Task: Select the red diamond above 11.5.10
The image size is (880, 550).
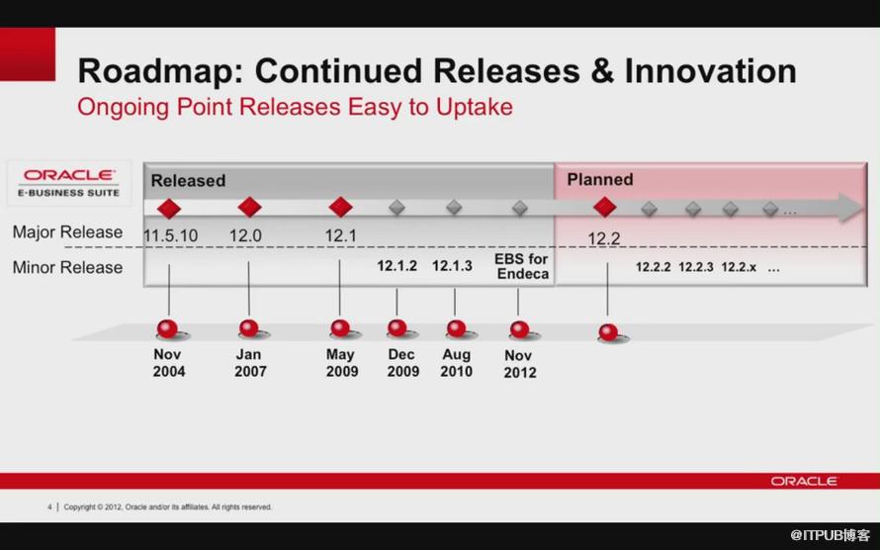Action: (169, 208)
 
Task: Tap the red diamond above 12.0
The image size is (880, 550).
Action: (249, 208)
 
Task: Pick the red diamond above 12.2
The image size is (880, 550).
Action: (604, 208)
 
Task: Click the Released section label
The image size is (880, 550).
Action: (188, 181)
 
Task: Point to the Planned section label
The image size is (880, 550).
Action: (599, 180)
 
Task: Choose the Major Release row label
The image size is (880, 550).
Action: (67, 232)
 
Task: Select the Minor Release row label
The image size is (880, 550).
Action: (67, 267)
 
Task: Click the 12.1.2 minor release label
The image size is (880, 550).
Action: (396, 266)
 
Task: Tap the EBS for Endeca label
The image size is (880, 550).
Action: (521, 266)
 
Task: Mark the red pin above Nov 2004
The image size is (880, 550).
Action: (168, 328)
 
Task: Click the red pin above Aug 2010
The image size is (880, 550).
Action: (456, 328)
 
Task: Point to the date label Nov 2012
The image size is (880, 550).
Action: (519, 364)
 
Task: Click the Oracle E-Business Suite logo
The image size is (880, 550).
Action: (69, 182)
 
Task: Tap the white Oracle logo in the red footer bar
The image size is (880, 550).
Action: (804, 481)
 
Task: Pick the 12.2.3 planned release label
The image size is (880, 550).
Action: (696, 267)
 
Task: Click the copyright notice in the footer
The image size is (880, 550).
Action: (167, 507)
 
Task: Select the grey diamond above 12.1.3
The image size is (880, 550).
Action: (454, 208)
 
